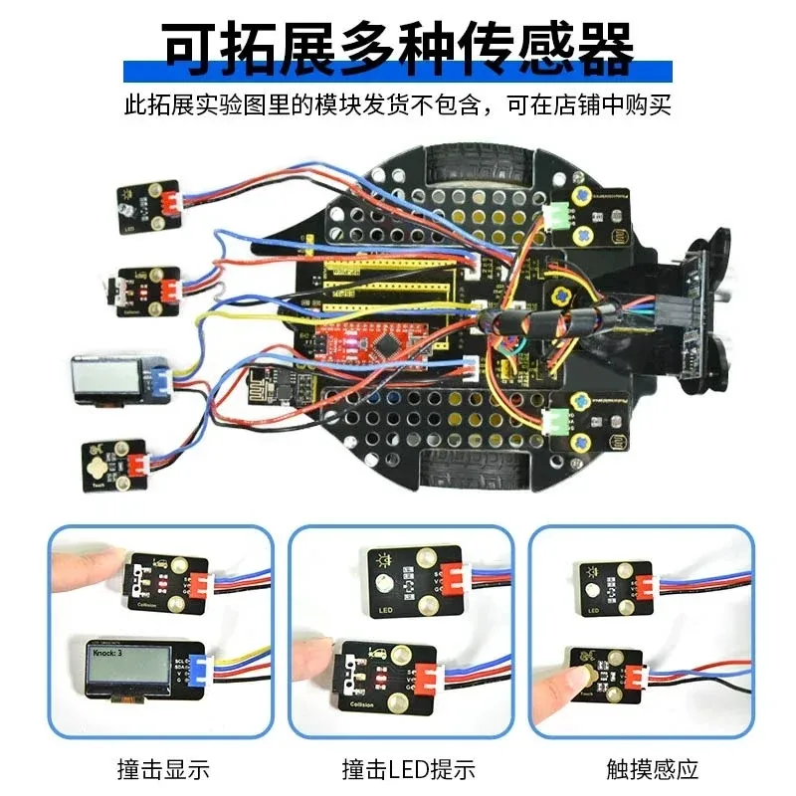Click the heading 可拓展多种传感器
click(398, 45)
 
